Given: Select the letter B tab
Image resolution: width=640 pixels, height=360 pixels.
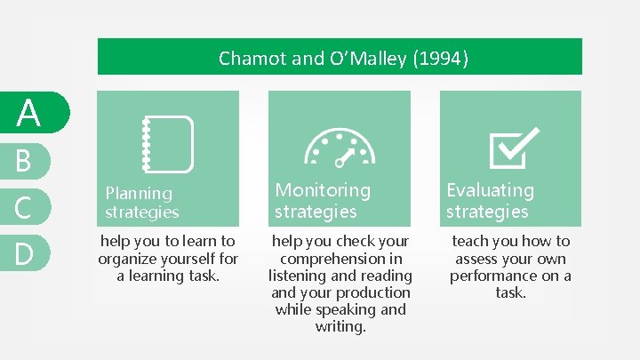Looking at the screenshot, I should coord(24,161).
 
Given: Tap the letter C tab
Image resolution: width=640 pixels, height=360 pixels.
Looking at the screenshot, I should coord(24,207).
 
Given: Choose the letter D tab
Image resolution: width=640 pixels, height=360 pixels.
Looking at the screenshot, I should coord(24,253).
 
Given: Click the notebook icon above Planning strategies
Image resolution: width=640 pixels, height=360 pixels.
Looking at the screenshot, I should coord(168,143).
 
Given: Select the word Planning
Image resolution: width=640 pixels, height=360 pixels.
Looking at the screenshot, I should coord(139,193).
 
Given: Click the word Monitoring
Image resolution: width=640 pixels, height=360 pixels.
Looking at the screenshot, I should coord(323,190).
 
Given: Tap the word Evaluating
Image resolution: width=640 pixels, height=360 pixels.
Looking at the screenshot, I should coord(490,190).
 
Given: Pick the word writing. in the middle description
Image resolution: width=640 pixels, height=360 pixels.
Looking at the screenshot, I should coord(340,327).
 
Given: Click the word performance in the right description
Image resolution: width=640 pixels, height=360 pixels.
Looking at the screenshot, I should coord(493,276).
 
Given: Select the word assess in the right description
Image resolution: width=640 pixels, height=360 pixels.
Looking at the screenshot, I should coord(479,259).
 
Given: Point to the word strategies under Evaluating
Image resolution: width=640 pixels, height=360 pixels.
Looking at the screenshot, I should coord(487,212).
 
